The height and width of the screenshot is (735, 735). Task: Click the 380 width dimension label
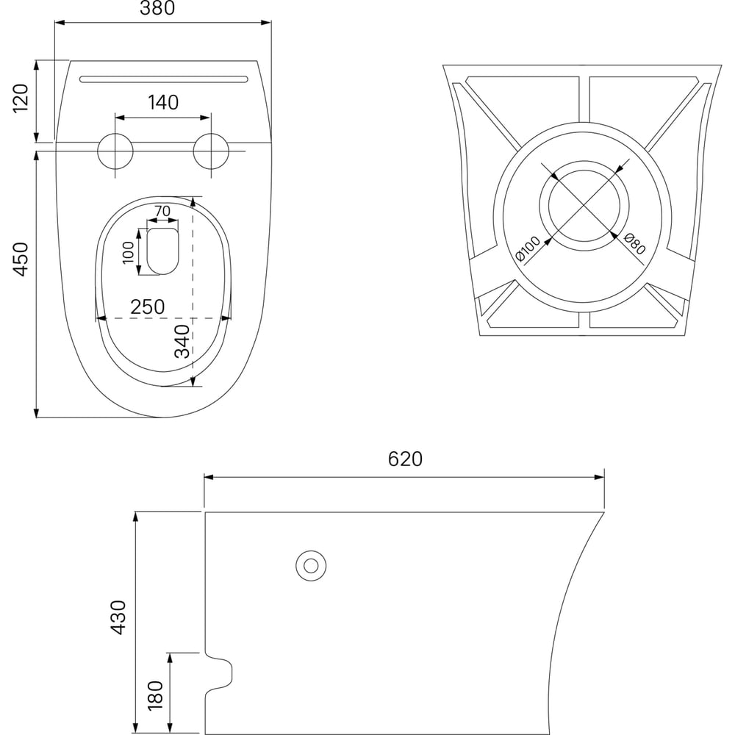[x=157, y=8]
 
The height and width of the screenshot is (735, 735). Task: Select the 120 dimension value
[x=21, y=98]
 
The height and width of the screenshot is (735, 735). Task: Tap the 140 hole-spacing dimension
[x=163, y=102]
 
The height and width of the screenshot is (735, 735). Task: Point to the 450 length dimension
[x=21, y=259]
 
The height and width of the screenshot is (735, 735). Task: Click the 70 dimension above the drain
[x=162, y=212]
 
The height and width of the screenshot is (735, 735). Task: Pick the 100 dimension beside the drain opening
[x=128, y=252]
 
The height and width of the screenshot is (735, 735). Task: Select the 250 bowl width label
[x=148, y=307]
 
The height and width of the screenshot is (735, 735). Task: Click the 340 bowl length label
[x=182, y=341]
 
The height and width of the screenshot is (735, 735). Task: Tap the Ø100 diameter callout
[x=528, y=248]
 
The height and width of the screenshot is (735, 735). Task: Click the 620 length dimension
[x=406, y=459]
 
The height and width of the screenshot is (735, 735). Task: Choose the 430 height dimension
[x=118, y=617]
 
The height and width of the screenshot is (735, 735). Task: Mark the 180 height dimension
[x=155, y=695]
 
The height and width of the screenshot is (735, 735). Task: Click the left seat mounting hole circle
[x=115, y=151]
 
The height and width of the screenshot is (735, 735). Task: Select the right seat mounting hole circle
[x=212, y=151]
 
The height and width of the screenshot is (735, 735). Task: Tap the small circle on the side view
[x=311, y=566]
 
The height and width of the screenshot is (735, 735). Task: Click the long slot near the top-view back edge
[x=164, y=79]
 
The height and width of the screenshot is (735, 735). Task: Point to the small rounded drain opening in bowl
[x=162, y=251]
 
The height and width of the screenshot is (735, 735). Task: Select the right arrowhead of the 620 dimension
[x=599, y=477]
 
